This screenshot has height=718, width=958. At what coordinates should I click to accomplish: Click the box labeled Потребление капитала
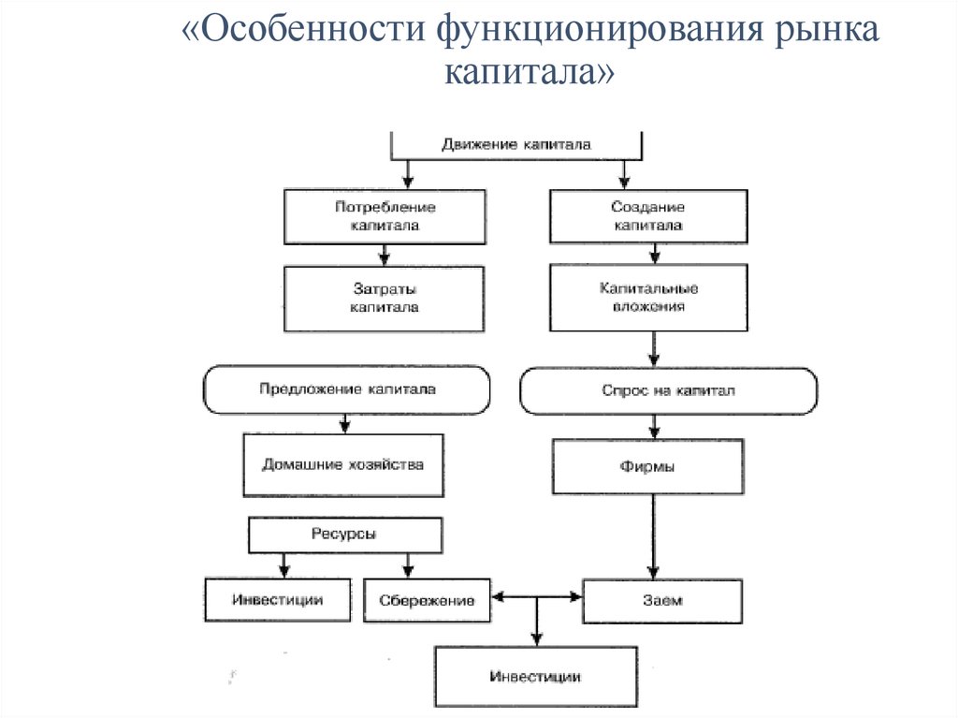[x=385, y=216]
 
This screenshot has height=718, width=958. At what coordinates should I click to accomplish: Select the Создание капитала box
[x=647, y=216]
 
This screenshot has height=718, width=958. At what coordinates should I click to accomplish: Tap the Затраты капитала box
[x=385, y=299]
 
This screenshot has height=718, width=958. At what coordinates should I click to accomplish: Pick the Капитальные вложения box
[x=648, y=297]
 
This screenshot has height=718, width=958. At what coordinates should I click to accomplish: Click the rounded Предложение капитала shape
[x=347, y=389]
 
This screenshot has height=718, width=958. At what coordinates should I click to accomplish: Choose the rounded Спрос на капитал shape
[x=668, y=390]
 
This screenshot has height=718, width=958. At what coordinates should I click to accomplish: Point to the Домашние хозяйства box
[x=341, y=464]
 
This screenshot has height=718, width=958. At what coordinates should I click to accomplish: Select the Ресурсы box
[x=344, y=535]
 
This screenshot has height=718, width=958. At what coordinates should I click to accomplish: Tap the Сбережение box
[x=427, y=600]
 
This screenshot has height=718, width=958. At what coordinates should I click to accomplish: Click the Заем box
[x=662, y=601]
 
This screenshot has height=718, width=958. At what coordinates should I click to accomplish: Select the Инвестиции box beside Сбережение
[x=277, y=600]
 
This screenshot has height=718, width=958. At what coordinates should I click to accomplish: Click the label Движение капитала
[x=515, y=145]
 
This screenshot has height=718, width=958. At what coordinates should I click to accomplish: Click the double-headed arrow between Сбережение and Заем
[x=536, y=595]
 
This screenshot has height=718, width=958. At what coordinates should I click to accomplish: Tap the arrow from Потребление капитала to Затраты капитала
[x=384, y=255]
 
